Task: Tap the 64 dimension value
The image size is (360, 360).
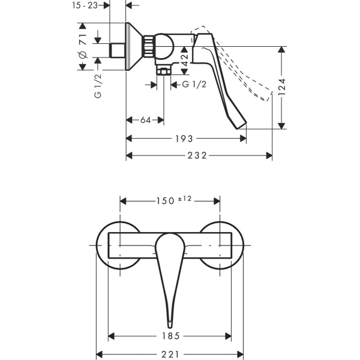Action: [145, 121]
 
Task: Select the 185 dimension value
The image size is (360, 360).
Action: [170, 336]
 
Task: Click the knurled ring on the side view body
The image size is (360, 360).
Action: [148, 45]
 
